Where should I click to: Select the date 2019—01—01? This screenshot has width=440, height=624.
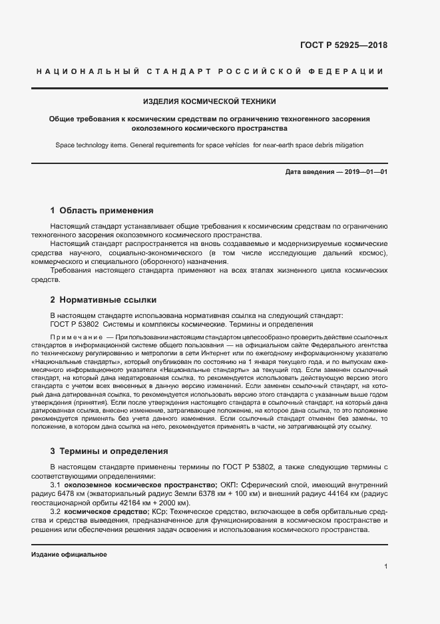pyautogui.click(x=363, y=171)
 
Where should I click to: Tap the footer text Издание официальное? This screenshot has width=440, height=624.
pyautogui.click(x=69, y=555)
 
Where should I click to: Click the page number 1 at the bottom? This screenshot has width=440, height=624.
pyautogui.click(x=385, y=567)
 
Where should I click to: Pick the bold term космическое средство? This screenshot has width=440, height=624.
pyautogui.click(x=107, y=511)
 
